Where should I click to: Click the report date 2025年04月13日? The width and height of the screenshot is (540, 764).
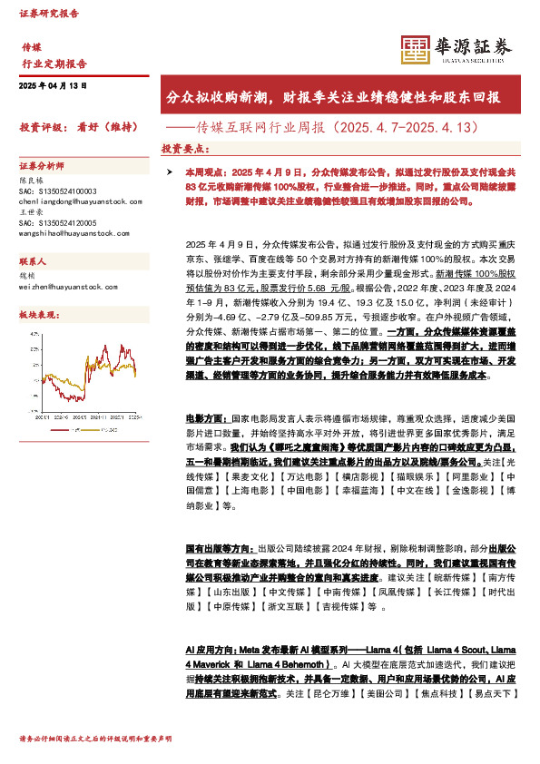point(53,84)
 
